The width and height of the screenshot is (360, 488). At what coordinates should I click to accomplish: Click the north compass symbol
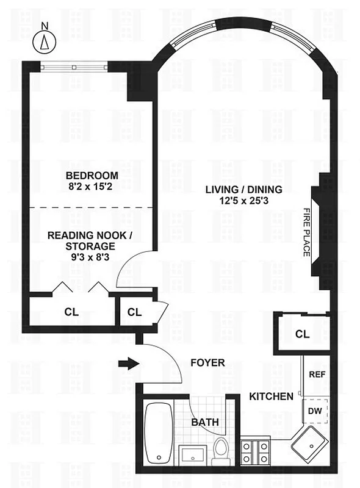44,40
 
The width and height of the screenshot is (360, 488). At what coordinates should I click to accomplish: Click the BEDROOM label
92,175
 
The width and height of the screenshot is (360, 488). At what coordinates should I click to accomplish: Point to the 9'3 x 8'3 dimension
90,257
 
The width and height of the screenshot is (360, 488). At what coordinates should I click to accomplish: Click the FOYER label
207,363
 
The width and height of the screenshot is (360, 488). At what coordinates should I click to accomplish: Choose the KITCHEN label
271,396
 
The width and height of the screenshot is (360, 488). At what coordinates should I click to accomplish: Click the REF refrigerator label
316,375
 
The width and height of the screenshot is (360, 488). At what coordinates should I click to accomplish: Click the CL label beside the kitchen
302,334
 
